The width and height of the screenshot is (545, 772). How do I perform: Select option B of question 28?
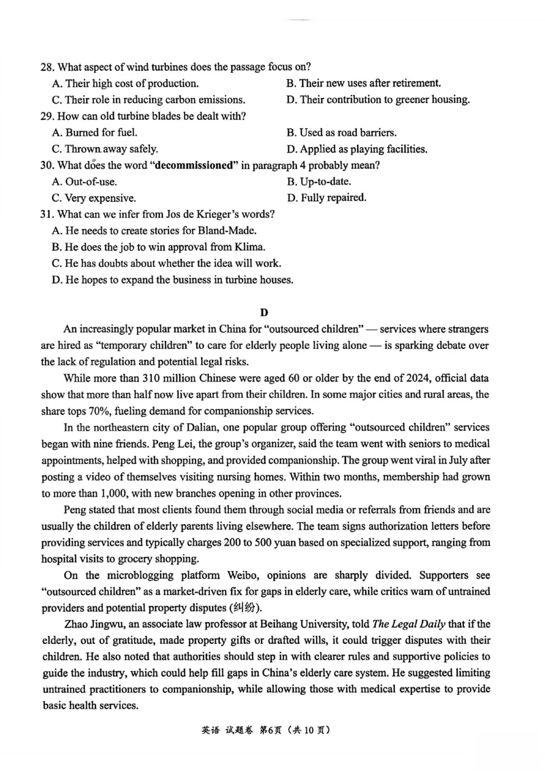tap(363, 83)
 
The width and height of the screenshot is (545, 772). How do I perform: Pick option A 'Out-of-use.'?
tap(84, 182)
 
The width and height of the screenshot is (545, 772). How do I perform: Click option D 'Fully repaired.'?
tap(326, 198)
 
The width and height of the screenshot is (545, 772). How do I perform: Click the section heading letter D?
tap(264, 313)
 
